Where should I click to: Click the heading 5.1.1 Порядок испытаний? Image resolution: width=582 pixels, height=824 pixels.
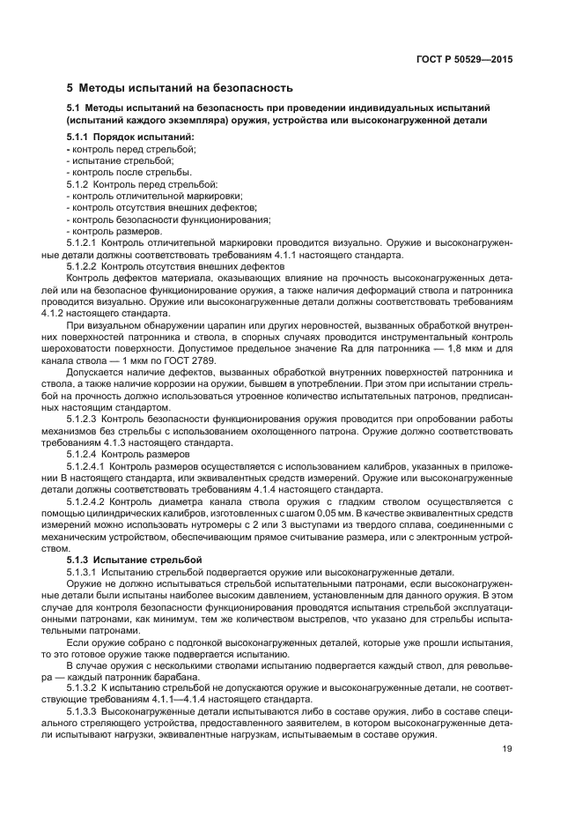(x=130, y=137)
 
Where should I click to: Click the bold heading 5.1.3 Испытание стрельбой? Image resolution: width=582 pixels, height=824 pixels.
(x=134, y=559)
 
